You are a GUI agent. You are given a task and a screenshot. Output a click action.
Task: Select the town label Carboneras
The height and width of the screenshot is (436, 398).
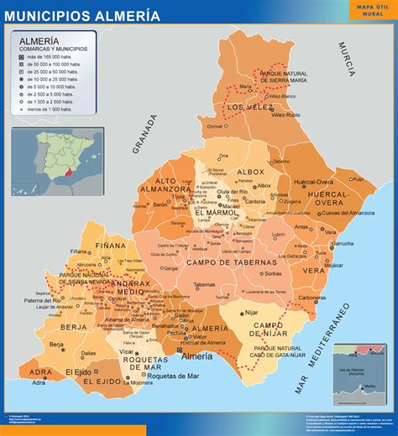pos(312,297)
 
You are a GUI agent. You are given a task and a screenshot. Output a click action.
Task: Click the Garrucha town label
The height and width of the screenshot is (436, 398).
pos(320,243)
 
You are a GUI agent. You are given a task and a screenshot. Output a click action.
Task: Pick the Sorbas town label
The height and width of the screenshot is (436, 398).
pos(272,273)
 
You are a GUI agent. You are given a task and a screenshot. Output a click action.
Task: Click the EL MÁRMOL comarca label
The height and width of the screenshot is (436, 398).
pos(216,213)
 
